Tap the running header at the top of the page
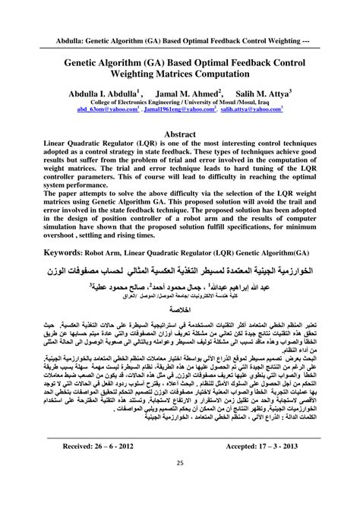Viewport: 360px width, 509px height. [180, 37]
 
